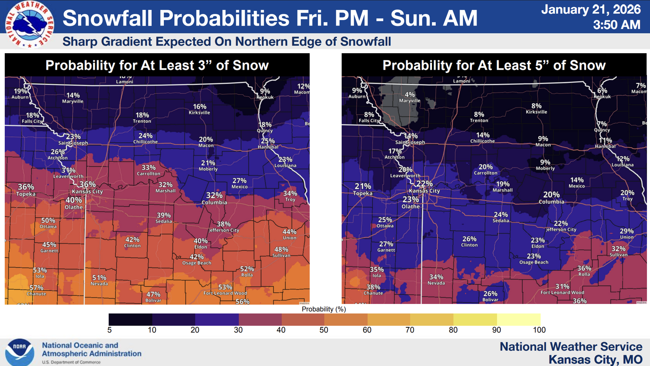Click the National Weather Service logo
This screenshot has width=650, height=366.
[30, 24]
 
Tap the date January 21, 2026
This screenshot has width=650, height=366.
[590, 9]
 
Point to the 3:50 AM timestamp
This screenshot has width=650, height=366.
[616, 25]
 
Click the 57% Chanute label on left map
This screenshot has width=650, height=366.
[36, 290]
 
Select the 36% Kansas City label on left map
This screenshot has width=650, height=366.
[87, 187]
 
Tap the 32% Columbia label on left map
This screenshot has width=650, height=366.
[214, 198]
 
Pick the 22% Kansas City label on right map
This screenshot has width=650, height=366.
[424, 187]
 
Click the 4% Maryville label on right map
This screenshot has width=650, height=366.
[410, 97]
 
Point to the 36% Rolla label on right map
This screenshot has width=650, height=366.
[584, 271]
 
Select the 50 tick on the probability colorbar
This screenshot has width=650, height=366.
[324, 330]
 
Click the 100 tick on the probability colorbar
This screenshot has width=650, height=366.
[539, 330]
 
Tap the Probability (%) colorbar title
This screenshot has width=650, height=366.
[324, 309]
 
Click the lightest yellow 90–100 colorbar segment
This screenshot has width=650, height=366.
[519, 320]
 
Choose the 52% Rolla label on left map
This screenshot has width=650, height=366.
[247, 271]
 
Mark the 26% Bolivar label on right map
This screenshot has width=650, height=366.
[490, 296]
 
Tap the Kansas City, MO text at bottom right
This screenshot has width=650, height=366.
[595, 360]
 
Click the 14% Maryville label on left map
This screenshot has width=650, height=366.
[73, 98]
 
